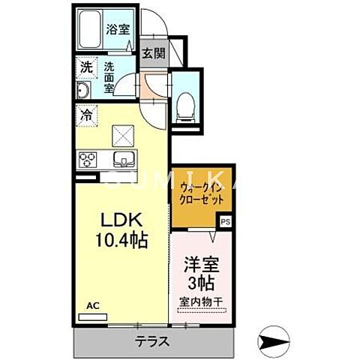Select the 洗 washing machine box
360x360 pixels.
86,67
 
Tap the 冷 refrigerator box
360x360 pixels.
86,117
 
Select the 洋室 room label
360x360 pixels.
200,264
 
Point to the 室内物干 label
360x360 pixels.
199,302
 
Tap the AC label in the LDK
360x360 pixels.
92,306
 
